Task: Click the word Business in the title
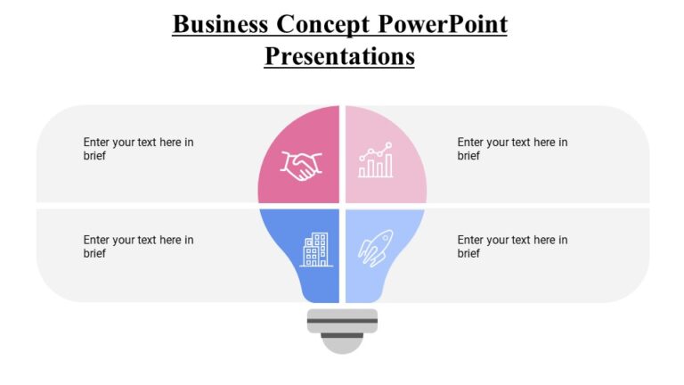coord(220,24)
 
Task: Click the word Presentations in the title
coord(339,56)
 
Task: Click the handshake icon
coord(301,165)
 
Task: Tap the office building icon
coord(315,250)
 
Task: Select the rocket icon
coord(375,247)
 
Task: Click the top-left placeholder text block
coord(138,149)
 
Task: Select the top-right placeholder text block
coord(512,149)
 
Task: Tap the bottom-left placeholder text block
coord(138,247)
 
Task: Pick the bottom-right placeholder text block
coord(512,247)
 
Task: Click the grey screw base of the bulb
coord(342,321)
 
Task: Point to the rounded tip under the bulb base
coord(342,345)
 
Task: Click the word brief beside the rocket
coord(468,254)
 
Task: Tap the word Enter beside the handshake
coord(97,143)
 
